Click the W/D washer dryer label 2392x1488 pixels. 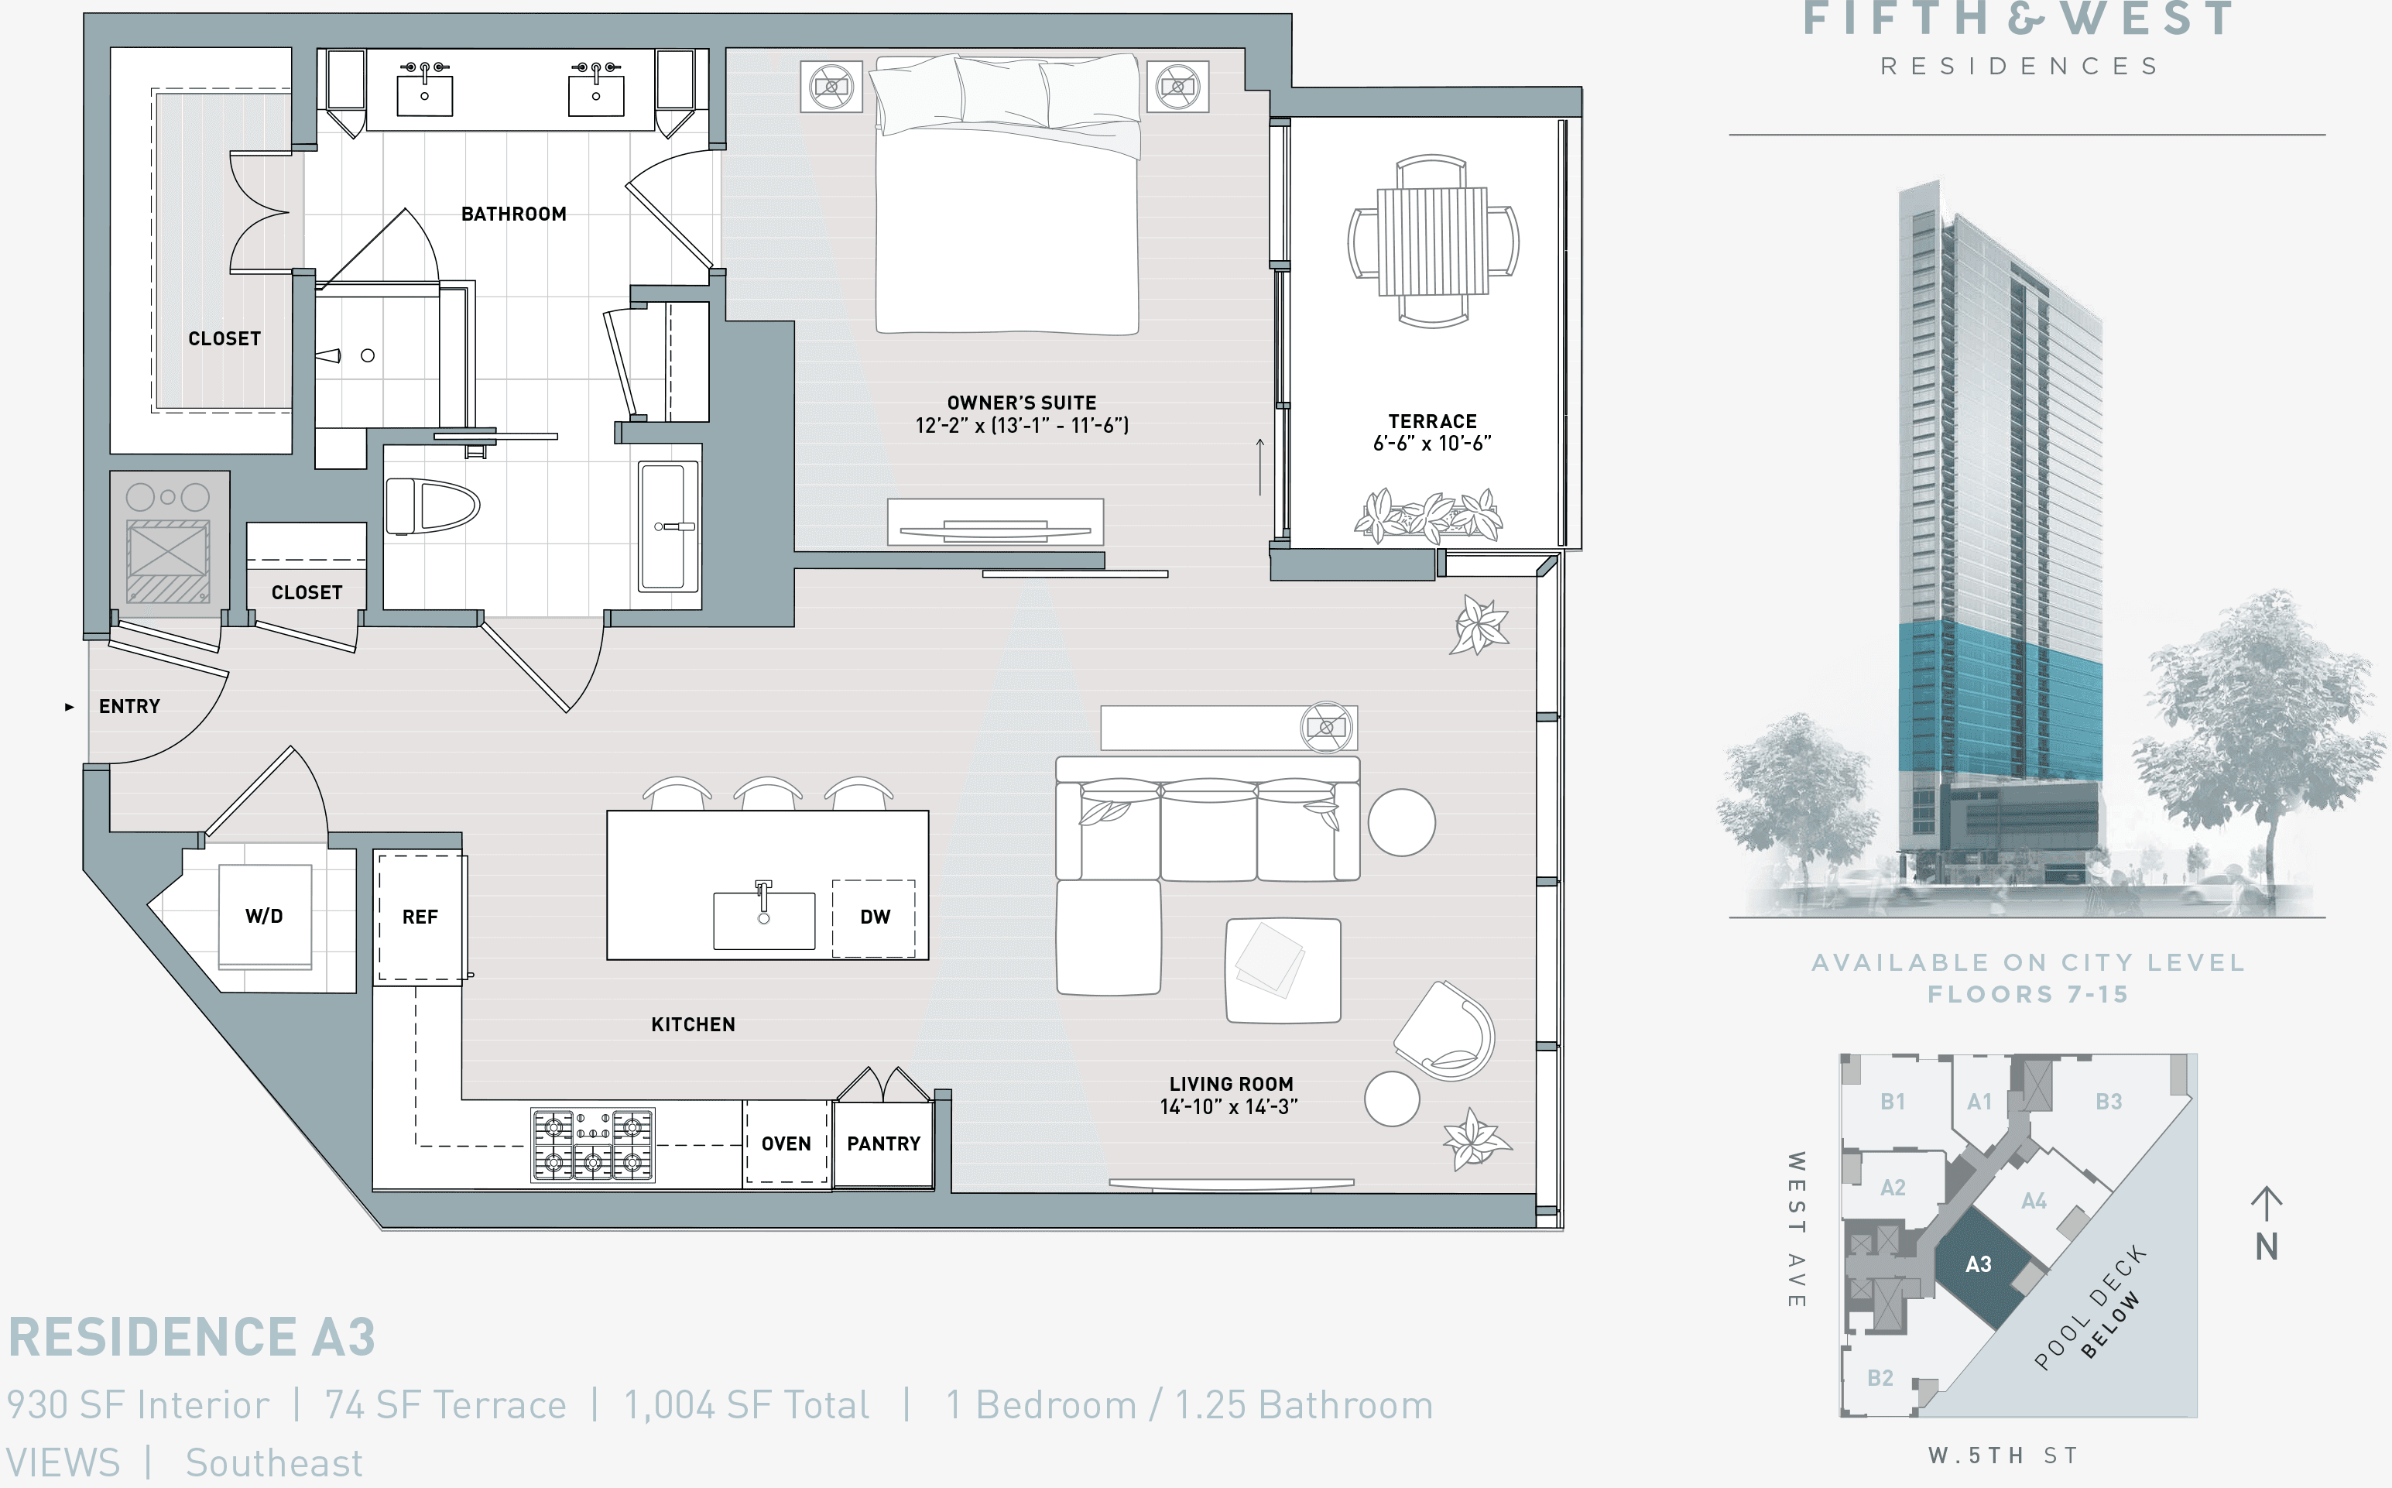point(264,916)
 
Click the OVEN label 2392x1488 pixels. point(786,1143)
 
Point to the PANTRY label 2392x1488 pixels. point(883,1143)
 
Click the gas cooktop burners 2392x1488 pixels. point(592,1144)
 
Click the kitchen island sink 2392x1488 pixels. point(763,919)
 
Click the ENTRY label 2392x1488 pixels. point(129,707)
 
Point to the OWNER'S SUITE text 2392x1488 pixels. point(1021,403)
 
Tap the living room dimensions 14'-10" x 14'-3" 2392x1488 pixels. point(1229,1107)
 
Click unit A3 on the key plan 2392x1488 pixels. point(1978,1264)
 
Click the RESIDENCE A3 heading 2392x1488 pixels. point(192,1338)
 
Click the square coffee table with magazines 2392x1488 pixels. point(1282,970)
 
